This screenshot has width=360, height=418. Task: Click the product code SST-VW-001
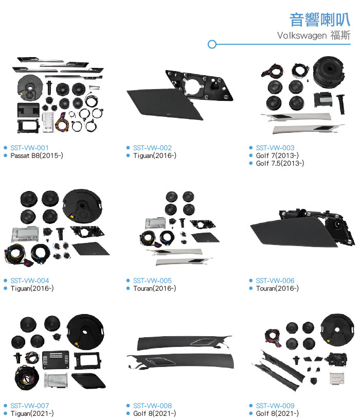tap(29, 148)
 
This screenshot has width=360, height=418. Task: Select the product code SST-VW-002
tap(152, 148)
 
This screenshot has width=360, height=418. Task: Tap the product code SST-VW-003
tap(275, 148)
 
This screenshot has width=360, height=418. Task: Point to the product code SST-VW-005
tap(152, 281)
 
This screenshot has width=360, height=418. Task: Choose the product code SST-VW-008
tap(152, 406)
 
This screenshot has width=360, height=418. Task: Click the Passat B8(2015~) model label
tap(37, 155)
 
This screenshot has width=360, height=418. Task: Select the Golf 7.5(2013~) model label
tap(280, 163)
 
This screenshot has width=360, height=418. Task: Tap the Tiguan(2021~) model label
tap(32, 413)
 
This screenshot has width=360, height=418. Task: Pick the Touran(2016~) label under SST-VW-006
tap(277, 288)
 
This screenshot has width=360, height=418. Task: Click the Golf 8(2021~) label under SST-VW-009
tap(277, 413)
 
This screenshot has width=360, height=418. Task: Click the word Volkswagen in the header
tap(302, 36)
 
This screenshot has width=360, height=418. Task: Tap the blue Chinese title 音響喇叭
tap(320, 20)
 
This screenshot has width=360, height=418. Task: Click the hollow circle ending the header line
tap(212, 44)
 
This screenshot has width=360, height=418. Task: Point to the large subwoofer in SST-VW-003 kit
tap(329, 72)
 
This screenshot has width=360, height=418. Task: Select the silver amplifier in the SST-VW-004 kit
tap(25, 235)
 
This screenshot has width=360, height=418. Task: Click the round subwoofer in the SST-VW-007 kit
tap(85, 332)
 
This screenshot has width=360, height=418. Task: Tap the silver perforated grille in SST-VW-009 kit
tap(337, 378)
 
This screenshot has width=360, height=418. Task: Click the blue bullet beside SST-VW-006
tap(250, 281)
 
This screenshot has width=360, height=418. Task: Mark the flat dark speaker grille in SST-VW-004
tap(91, 249)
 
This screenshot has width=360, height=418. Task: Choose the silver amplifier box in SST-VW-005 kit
tap(155, 223)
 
